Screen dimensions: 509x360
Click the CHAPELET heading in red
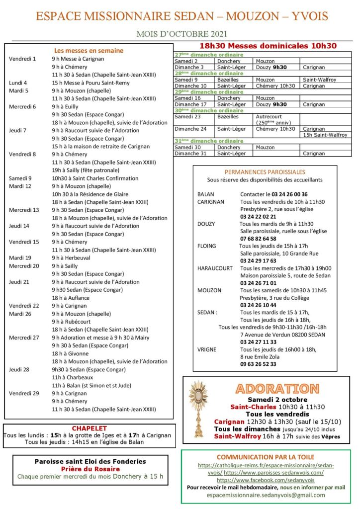pos(90,428)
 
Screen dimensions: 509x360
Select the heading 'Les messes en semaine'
pos(89,50)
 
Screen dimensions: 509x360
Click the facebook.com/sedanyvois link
pos(266,481)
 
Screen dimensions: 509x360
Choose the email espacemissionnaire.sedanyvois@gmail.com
pos(266,495)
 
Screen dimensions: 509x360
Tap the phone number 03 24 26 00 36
pos(281,194)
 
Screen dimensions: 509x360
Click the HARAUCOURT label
pos(215,268)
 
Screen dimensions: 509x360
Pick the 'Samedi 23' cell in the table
pos(186,117)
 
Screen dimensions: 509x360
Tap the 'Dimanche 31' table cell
pos(189,154)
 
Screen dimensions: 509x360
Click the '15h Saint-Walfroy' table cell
pos(325,135)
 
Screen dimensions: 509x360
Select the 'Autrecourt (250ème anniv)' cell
pos(275,120)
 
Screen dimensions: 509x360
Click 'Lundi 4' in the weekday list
pos(18,83)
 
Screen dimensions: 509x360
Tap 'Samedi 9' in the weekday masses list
pos(20,178)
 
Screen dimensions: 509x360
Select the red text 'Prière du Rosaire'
pos(90,469)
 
